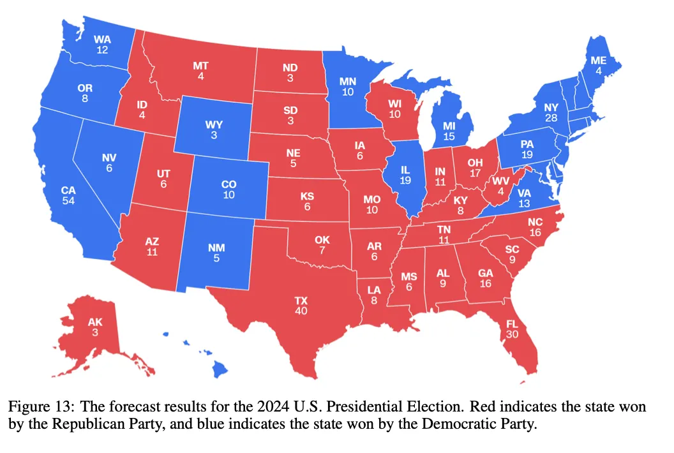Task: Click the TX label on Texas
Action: click(x=301, y=301)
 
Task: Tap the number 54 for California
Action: click(x=68, y=201)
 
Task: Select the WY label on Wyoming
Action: click(x=214, y=124)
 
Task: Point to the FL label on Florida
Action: click(x=512, y=323)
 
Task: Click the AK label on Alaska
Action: click(x=95, y=322)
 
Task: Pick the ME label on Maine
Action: click(x=598, y=61)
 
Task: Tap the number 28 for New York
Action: click(x=551, y=117)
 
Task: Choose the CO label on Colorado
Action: click(x=228, y=184)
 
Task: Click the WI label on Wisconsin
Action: click(x=394, y=103)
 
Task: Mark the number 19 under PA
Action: click(x=527, y=154)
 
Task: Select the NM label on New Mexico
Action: click(x=216, y=248)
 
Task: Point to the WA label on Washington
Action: click(x=102, y=40)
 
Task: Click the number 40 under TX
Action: click(x=301, y=311)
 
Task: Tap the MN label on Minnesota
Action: click(x=347, y=81)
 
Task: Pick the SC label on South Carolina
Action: click(x=512, y=249)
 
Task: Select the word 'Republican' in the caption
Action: click(x=128, y=424)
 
